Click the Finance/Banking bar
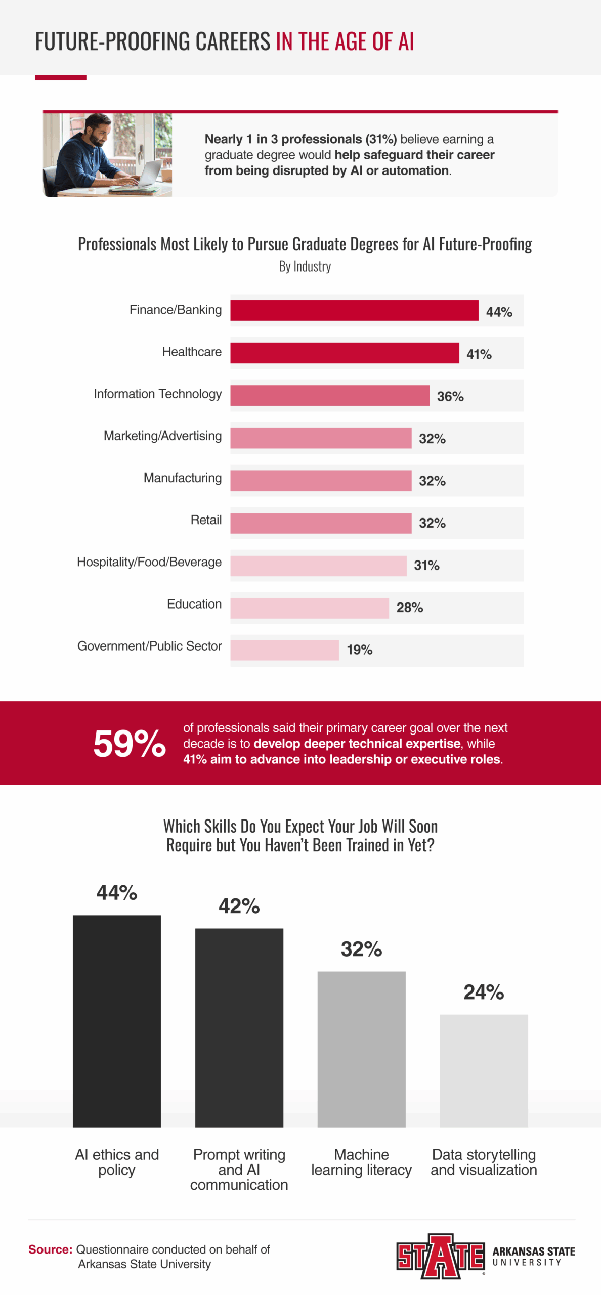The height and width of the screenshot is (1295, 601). click(x=354, y=310)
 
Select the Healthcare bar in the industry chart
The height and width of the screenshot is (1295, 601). click(x=345, y=353)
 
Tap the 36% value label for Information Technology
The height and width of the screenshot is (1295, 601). click(x=450, y=396)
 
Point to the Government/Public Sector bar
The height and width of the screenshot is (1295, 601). click(x=284, y=650)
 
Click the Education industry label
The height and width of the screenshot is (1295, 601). click(x=194, y=604)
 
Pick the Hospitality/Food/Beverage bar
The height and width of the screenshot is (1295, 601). click(x=318, y=566)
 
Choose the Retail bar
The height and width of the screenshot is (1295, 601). click(x=321, y=523)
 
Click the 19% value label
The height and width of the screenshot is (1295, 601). click(x=359, y=650)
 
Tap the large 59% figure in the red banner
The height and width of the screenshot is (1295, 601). click(x=130, y=743)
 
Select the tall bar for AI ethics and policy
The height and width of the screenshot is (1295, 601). click(x=117, y=1020)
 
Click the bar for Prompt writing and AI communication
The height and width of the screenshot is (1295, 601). click(x=239, y=1027)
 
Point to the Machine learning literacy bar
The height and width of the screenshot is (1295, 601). click(x=361, y=1049)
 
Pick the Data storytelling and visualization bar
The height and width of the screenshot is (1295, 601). click(x=484, y=1070)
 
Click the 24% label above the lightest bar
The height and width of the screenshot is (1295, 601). click(x=484, y=992)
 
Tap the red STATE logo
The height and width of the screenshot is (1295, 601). click(x=440, y=1256)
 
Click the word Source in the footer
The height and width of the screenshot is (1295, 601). click(x=50, y=1249)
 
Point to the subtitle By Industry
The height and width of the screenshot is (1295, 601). click(x=305, y=266)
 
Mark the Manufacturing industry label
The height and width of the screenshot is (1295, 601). click(x=183, y=478)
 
